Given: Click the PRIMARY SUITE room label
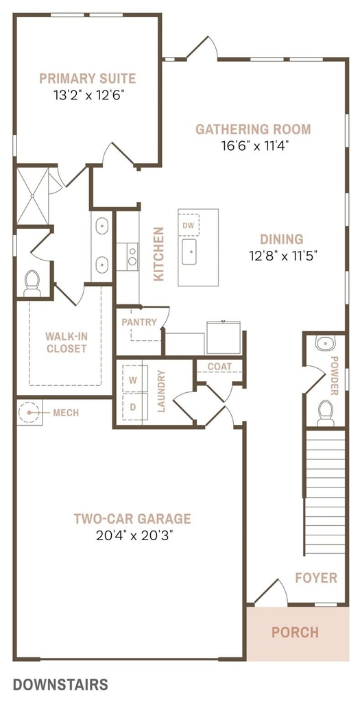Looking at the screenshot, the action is (x=87, y=79).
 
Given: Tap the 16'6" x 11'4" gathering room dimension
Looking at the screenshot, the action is (x=253, y=146).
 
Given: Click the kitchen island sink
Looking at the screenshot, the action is (x=189, y=252).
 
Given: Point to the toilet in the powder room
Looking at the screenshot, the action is (x=326, y=413).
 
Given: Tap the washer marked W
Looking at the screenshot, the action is (x=133, y=380).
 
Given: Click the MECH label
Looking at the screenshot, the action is (x=66, y=413).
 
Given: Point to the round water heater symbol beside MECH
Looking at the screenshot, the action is (x=29, y=412).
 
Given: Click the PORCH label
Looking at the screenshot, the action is (x=295, y=633).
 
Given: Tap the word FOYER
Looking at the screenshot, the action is (x=316, y=577).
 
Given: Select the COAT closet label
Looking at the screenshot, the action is (x=220, y=366).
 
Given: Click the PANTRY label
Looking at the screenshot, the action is (x=139, y=322).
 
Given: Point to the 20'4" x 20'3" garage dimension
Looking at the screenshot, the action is (x=132, y=535).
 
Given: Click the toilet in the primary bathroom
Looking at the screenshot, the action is (x=32, y=284).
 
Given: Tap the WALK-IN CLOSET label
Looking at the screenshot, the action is (x=66, y=342).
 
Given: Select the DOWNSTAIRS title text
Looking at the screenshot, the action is (x=60, y=685).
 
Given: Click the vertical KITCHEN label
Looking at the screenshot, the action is (x=158, y=254).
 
